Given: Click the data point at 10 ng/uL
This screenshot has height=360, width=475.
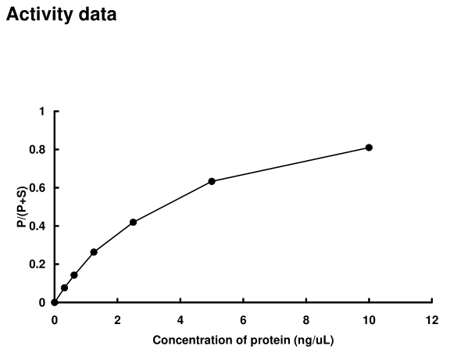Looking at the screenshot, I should (x=369, y=148).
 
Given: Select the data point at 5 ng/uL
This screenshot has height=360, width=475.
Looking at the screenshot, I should (x=212, y=181).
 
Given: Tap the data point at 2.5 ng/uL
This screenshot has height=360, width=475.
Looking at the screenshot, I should (x=133, y=223).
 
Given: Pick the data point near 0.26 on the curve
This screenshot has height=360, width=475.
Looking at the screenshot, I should (x=94, y=252).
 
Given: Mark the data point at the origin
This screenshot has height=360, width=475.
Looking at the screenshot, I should (x=54, y=302).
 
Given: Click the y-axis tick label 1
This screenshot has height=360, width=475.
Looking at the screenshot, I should (x=42, y=112).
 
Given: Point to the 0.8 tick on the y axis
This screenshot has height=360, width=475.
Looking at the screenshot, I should (x=38, y=150).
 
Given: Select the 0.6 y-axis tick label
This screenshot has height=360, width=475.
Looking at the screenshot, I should (x=38, y=188).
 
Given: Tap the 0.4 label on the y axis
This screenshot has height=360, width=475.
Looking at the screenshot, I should (x=38, y=226).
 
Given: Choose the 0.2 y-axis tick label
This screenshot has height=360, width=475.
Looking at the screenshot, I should (x=38, y=265).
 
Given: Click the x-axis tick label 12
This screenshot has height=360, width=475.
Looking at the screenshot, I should (x=432, y=320).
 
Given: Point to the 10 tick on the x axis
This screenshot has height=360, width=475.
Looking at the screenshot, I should (x=369, y=320).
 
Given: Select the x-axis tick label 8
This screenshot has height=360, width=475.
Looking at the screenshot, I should (x=306, y=320).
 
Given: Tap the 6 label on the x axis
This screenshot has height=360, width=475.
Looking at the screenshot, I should (x=243, y=320).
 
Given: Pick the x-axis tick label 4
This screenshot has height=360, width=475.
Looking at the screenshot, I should (x=180, y=320).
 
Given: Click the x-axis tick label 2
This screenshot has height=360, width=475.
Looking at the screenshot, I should (x=117, y=320).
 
